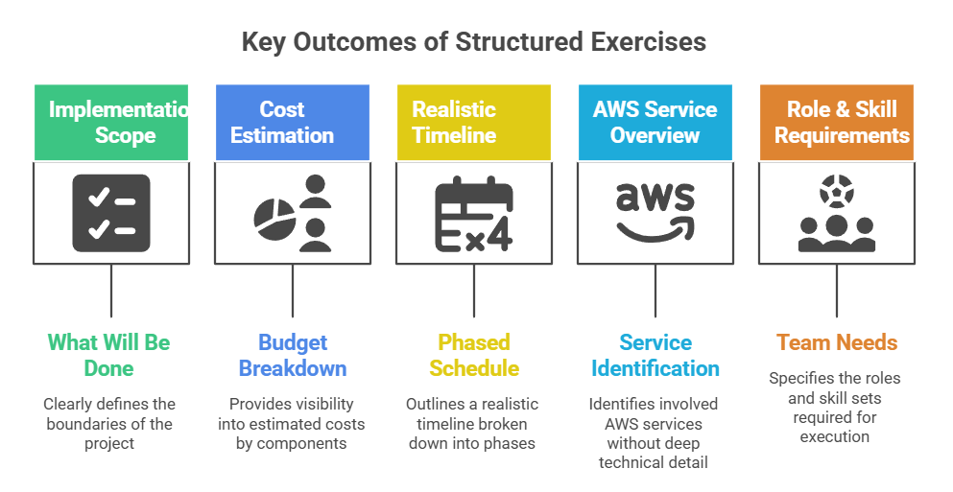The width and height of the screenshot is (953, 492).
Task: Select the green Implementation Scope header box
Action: pos(111,122)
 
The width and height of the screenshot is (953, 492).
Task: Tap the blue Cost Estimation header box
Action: pos(292,122)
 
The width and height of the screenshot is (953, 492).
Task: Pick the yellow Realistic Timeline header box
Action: pos(473,122)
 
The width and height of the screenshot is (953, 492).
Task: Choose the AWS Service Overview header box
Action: pos(655,122)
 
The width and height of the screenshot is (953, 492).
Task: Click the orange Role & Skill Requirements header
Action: pos(836,122)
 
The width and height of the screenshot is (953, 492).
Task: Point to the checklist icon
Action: pos(111,213)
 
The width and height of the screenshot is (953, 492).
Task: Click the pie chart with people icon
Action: pos(292,213)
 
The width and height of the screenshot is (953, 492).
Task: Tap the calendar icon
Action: pos(473,213)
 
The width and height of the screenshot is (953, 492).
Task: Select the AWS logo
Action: pos(655,213)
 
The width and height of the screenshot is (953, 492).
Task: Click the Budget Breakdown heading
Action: pos(292,355)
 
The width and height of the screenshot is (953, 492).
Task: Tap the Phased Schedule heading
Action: pos(473,355)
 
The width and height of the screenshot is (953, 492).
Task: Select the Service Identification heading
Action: pos(655,355)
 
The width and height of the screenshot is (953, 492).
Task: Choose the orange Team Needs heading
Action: pos(836,342)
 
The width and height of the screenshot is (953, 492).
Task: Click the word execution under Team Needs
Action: pos(836,436)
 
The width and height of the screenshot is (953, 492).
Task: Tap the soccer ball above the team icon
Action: pos(836,193)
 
